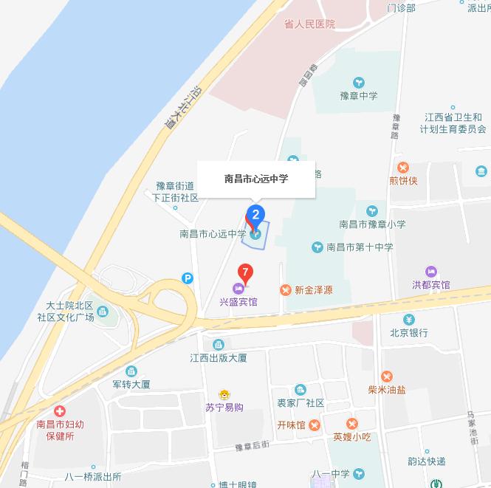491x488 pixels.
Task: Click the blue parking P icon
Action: tap(188, 278)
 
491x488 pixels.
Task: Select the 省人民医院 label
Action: tap(309, 24)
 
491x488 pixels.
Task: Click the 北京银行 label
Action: tap(409, 333)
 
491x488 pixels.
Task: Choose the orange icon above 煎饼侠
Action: tap(403, 168)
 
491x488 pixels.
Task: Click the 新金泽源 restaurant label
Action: tap(313, 290)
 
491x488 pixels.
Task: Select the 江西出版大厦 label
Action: tap(218, 358)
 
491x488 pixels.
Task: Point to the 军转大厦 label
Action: tap(131, 385)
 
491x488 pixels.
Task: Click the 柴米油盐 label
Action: tap(387, 390)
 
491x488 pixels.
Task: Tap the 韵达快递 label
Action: tap(427, 461)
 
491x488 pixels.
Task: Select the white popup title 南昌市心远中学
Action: tap(256, 179)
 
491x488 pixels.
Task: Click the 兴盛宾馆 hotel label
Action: tap(238, 302)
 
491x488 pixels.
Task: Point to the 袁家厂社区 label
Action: tap(301, 403)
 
